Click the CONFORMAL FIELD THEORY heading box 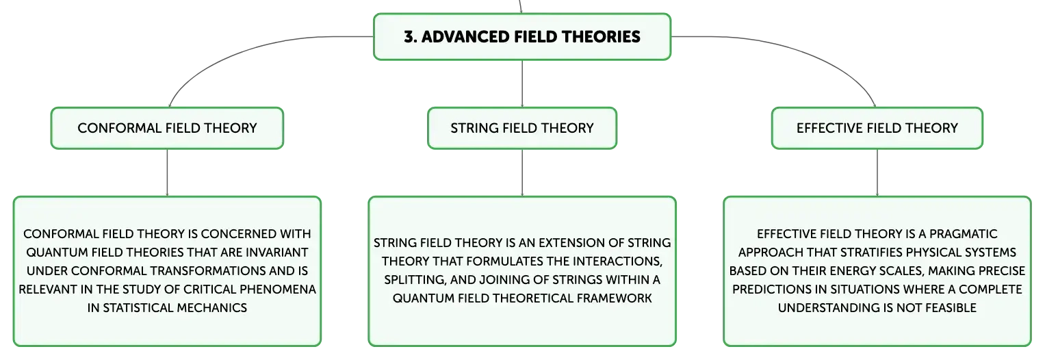pos(167,128)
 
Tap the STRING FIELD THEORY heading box pos(522,128)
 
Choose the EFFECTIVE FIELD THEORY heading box pos(877,128)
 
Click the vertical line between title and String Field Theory pos(522,83)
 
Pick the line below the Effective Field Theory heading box pos(877,172)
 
